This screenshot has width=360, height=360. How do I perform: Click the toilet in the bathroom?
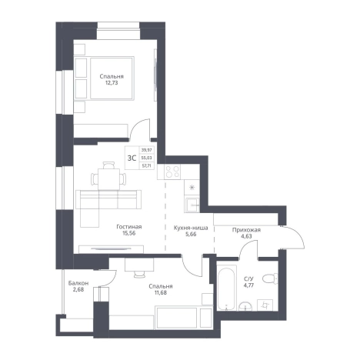coord(270,278)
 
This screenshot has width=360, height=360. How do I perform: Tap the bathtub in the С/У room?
coord(227,288)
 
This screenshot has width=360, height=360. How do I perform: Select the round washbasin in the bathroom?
coord(245,306)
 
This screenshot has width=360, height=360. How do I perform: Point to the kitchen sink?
coord(192,205)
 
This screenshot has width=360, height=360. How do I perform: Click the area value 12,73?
coord(112,83)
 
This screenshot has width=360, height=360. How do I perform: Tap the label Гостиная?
coord(129,227)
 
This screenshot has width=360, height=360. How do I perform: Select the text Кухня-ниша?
coord(191,228)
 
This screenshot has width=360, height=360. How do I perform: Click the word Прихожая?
coord(246,230)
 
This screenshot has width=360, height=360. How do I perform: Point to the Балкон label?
coord(78,283)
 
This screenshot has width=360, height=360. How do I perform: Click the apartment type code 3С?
coord(132,158)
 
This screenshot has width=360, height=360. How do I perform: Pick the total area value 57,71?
coord(146,165)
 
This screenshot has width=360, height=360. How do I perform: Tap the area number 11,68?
coord(160,292)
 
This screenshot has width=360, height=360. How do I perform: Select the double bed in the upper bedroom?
coord(112,78)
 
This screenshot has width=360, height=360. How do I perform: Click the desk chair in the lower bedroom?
coord(139,274)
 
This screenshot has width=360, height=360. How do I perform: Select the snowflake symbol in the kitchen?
coord(192,188)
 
